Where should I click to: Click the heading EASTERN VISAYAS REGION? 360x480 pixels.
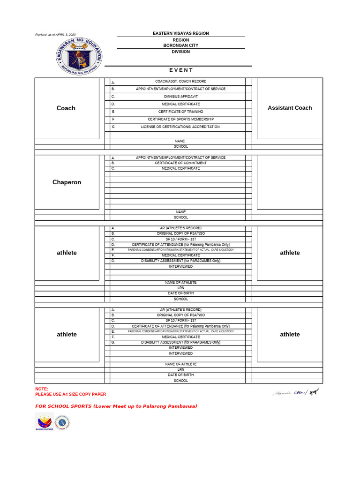click(x=180, y=33)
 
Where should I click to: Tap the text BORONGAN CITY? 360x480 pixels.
click(x=180, y=45)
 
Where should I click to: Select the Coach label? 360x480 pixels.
click(x=66, y=108)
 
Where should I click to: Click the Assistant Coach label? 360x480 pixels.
click(x=290, y=108)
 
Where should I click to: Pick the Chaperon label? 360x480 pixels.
click(x=67, y=182)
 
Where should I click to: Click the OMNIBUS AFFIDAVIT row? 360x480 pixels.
click(x=180, y=96)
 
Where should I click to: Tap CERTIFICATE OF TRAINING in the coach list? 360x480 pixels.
click(x=180, y=112)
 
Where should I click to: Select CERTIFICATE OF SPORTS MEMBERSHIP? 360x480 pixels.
click(x=180, y=119)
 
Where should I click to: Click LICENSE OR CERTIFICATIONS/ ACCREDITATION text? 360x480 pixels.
click(x=180, y=127)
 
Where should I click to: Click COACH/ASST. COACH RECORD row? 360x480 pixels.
click(x=180, y=81)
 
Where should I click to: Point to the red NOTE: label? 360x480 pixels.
click(x=42, y=389)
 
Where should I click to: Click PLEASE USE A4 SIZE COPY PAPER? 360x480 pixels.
click(x=70, y=394)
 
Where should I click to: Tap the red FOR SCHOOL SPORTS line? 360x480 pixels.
click(x=116, y=406)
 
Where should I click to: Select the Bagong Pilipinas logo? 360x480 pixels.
click(x=45, y=422)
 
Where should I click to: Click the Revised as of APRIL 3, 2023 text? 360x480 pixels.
click(x=55, y=35)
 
